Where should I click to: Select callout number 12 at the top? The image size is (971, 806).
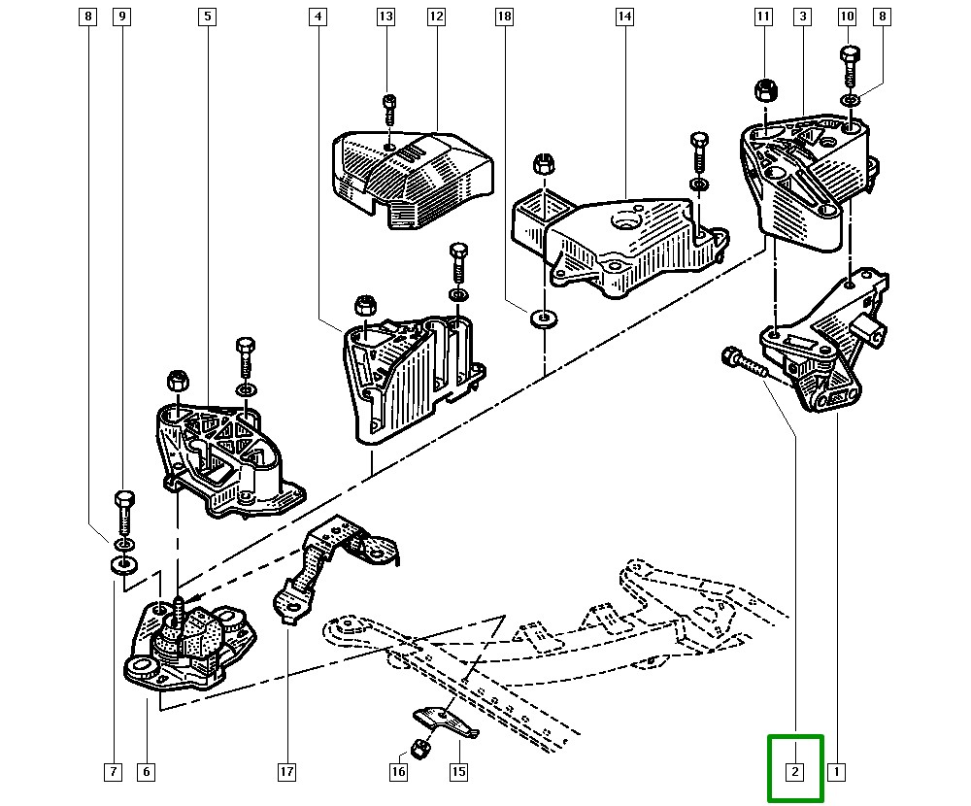[435, 17]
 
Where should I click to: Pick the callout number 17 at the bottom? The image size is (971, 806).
[286, 772]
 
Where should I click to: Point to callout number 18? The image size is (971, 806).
[503, 17]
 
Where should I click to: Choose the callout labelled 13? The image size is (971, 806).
[385, 17]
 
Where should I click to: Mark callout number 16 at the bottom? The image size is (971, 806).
[398, 772]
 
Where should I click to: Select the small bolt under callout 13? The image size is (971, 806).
[389, 108]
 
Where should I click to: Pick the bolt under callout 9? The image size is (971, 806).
[123, 510]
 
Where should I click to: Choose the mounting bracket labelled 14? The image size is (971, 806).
[621, 243]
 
